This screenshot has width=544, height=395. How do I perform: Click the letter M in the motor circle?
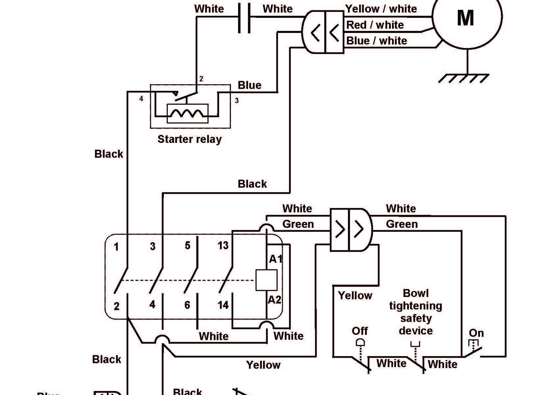coord(465,18)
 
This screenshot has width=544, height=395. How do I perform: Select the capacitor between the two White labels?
coord(244,18)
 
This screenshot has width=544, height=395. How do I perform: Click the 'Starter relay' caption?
coord(189,139)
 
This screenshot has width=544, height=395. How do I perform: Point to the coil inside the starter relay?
coord(187,113)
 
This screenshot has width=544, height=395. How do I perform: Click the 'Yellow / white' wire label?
coord(381,9)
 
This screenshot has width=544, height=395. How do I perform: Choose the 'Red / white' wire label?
coord(375,25)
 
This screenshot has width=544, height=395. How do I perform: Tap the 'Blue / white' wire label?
coord(377,41)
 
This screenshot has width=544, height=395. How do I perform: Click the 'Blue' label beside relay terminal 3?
coord(249,85)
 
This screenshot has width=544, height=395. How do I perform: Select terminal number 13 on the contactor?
coord(223,246)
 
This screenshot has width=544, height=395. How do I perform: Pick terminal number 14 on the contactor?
coord(223,305)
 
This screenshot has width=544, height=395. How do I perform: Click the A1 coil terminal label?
coord(276,259)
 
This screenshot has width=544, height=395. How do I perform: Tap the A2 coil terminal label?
coord(275,300)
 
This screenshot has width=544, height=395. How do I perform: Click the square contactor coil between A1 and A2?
coord(266,280)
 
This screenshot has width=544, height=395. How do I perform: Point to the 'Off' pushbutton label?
coord(359,331)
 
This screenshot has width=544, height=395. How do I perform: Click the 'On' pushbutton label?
coord(476,333)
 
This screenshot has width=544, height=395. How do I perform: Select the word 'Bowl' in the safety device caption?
coord(415,293)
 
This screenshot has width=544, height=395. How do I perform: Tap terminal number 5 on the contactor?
coord(187,246)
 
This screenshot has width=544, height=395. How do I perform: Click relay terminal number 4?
coord(141,98)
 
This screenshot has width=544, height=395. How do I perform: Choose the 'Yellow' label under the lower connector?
coord(355,296)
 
